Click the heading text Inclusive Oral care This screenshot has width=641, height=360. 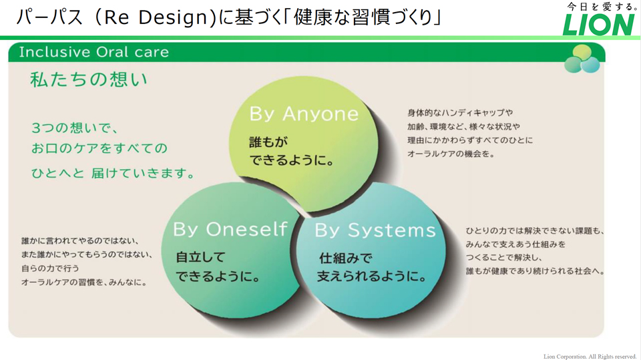click(93, 52)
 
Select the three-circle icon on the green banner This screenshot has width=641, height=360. click(582, 59)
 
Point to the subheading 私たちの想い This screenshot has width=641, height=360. click(89, 79)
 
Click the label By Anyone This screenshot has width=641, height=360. click(304, 114)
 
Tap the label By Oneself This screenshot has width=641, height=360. click(230, 229)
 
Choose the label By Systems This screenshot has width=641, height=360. click(375, 230)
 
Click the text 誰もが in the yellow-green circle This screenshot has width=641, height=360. click(268, 142)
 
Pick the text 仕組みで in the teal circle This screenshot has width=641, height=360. click(345, 258)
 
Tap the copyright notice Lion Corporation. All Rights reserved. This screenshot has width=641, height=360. click(590, 356)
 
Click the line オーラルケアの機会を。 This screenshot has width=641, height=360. click(451, 154)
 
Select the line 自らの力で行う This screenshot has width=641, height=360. click(50, 268)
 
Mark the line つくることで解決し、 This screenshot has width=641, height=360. click(503, 258)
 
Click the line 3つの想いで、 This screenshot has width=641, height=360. click(74, 128)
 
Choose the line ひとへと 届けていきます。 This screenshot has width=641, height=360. click(114, 173)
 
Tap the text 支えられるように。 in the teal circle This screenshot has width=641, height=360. click(372, 276)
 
